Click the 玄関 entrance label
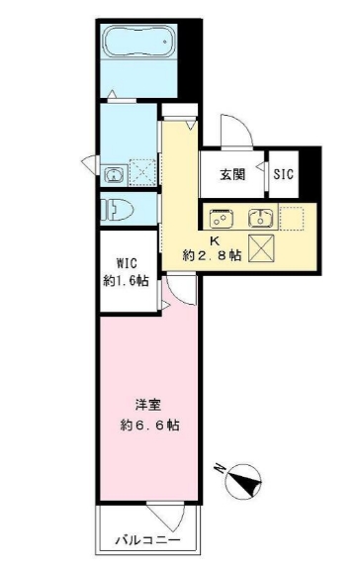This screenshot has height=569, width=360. click(232, 175)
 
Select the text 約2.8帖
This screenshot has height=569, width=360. click(212, 255)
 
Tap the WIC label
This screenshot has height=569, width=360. click(127, 263)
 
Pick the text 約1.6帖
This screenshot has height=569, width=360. click(127, 280)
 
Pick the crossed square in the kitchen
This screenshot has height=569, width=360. click(263, 249)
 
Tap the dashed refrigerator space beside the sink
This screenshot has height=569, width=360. click(294, 217)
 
